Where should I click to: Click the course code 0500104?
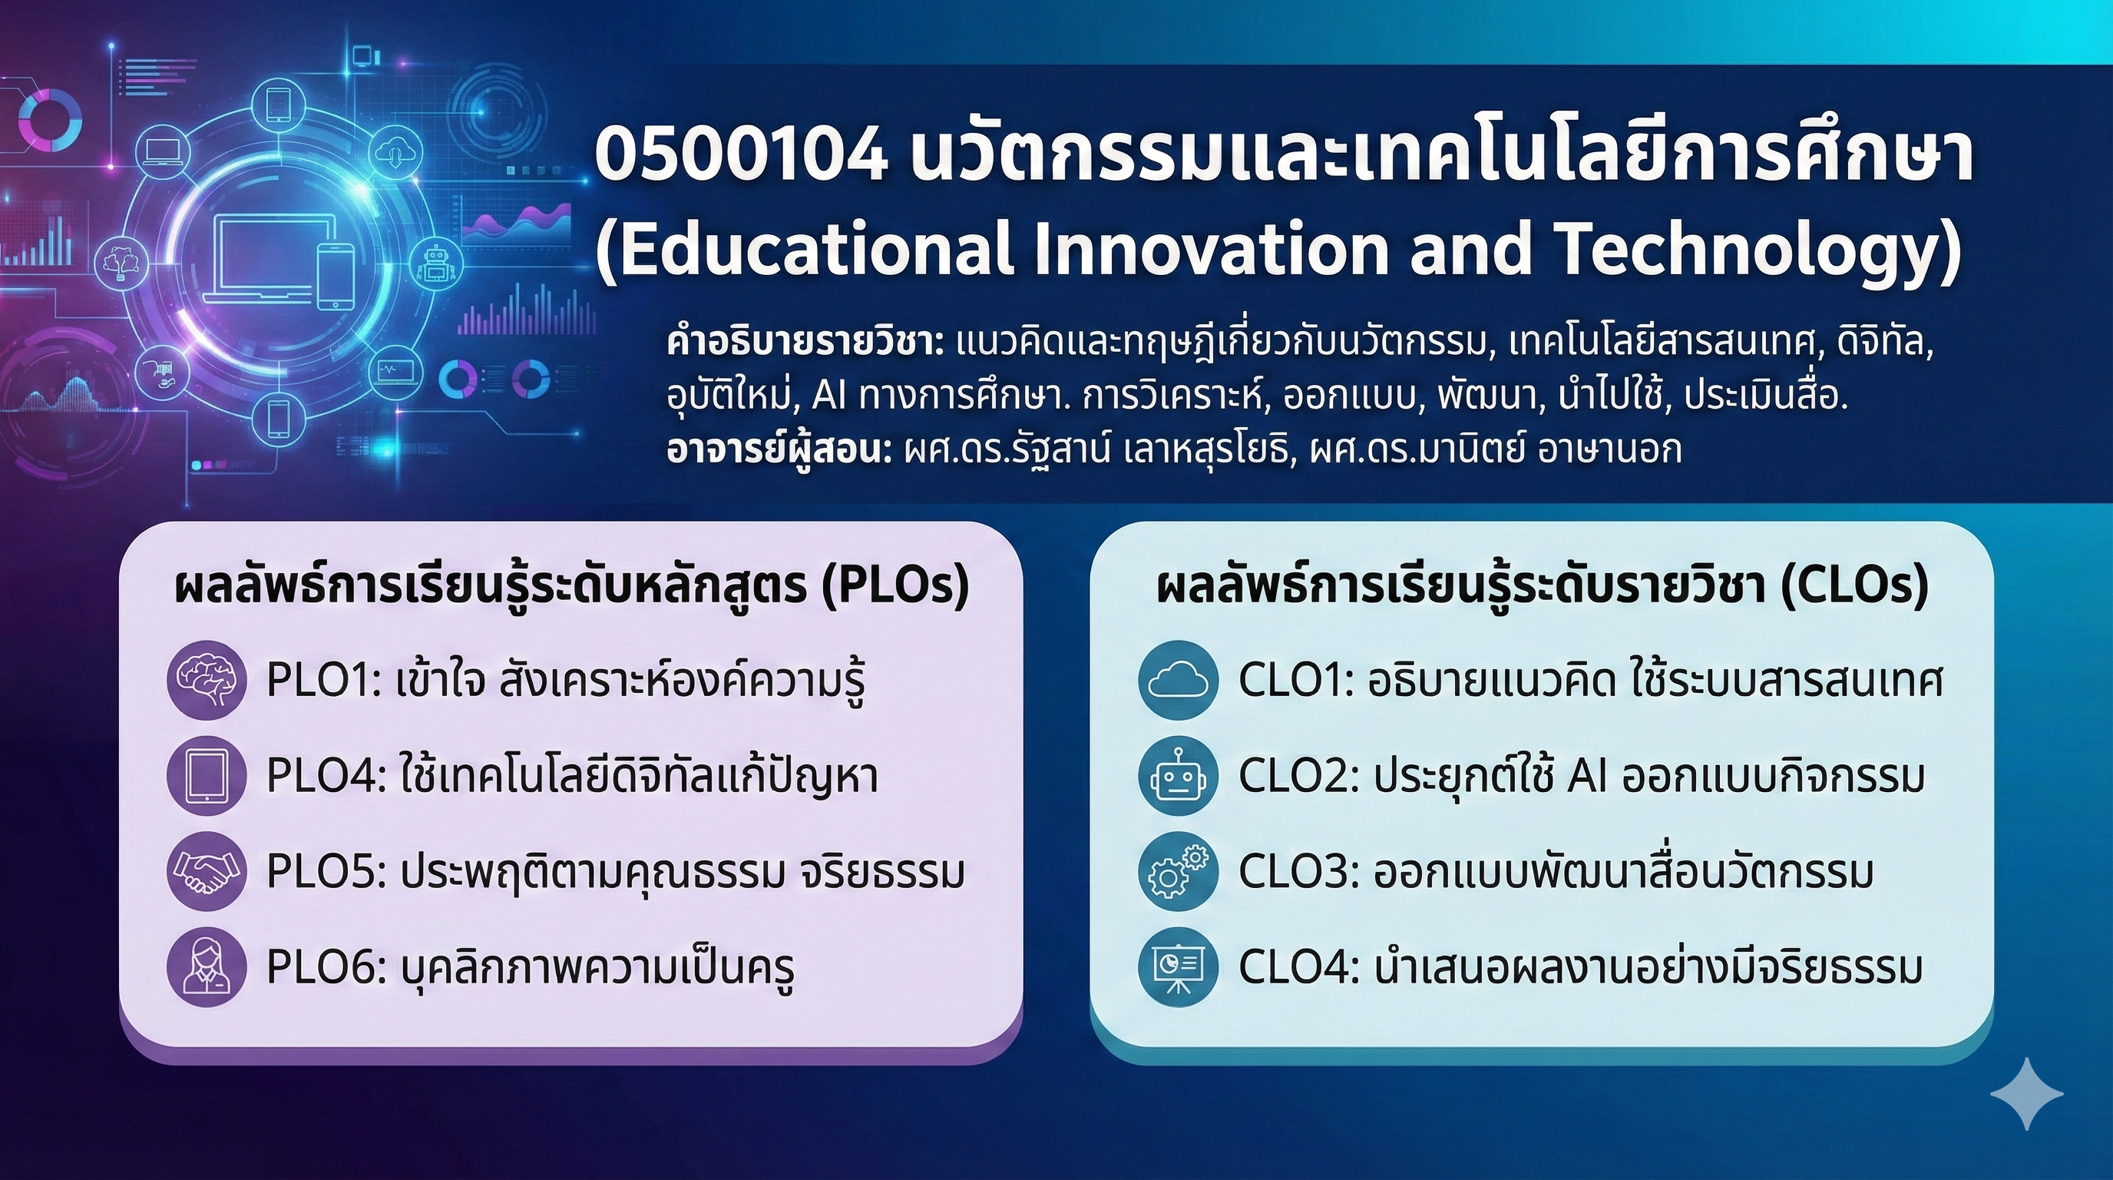pos(741,156)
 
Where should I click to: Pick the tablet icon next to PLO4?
pos(206,775)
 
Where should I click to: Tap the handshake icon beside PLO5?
pos(206,871)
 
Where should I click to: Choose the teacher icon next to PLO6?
pos(206,968)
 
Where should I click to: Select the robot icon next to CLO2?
pos(1179,775)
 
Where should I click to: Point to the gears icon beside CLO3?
pos(1179,871)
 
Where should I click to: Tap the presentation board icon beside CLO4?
pos(1179,968)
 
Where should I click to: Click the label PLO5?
pos(327,872)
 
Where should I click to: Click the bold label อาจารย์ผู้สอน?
pos(779,449)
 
